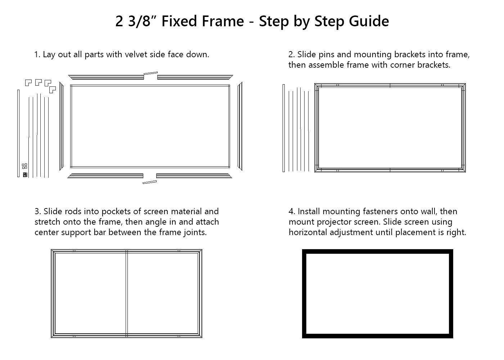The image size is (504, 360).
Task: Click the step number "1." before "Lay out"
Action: (x=37, y=54)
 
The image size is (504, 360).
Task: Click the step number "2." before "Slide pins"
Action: (x=292, y=54)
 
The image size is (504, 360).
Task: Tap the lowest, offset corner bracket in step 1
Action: (x=53, y=90)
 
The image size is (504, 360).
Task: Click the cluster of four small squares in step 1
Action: (x=24, y=166)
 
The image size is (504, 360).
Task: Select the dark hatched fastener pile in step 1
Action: (x=25, y=175)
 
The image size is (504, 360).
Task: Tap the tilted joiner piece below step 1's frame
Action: (x=149, y=182)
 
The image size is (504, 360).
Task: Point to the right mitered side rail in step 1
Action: (x=240, y=126)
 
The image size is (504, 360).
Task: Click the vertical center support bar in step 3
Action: (x=127, y=293)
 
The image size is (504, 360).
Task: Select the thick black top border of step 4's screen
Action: (x=377, y=251)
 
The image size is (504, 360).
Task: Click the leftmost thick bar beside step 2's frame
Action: (x=284, y=128)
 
